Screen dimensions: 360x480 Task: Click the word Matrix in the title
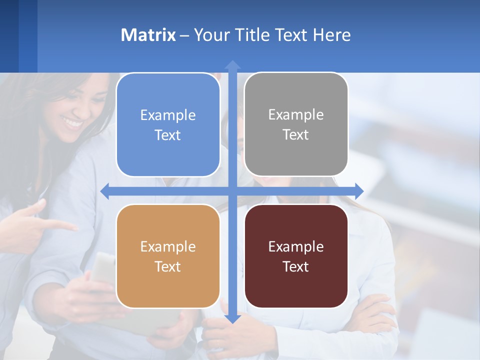pos(148,35)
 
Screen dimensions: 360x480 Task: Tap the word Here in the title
pos(332,35)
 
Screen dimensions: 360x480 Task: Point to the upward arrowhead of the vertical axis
pos(232,64)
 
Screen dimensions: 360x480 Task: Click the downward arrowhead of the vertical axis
pos(232,318)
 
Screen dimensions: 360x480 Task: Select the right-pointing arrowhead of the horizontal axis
pos(359,191)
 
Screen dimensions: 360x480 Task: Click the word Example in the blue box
pos(168,115)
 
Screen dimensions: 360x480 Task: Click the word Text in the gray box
pos(296,135)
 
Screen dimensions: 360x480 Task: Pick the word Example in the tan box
pos(168,247)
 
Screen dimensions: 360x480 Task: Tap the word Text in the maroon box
pos(296,267)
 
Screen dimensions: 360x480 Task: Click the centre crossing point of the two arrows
pos(232,191)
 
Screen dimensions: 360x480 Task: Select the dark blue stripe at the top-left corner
pos(9,35)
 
